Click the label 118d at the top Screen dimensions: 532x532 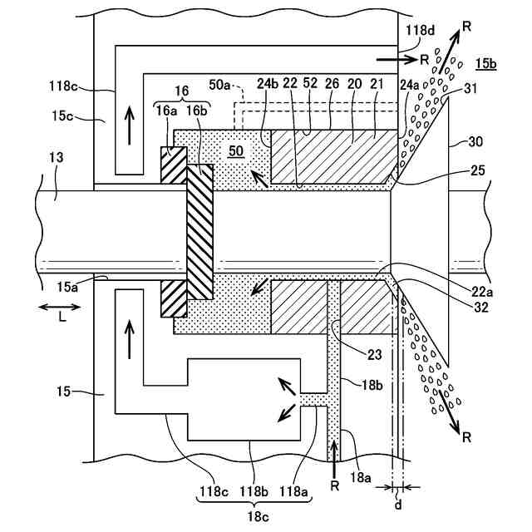point(420,30)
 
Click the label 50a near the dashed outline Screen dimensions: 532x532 point(219,85)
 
